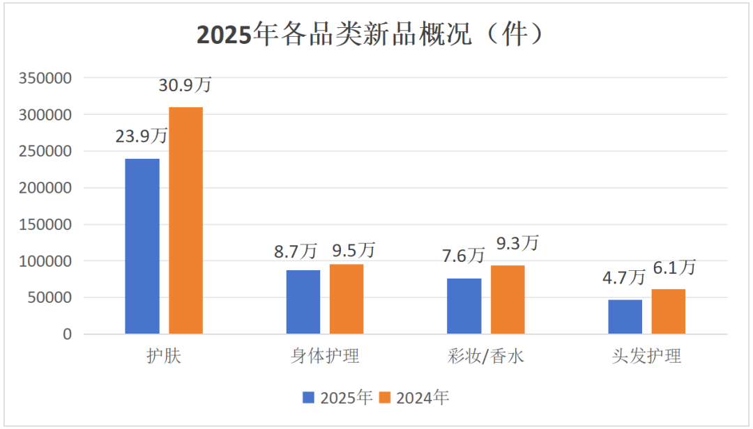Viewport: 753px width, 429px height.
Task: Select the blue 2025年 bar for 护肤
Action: pyautogui.click(x=142, y=247)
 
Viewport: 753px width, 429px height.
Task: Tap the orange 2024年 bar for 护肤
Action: pyautogui.click(x=185, y=221)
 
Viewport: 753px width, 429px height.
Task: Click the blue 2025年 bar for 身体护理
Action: pyautogui.click(x=303, y=302)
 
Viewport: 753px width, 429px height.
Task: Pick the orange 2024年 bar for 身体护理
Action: pyautogui.click(x=347, y=299)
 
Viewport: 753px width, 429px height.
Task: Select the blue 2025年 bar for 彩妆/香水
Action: pyautogui.click(x=464, y=306)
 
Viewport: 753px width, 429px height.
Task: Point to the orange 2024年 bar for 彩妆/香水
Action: pyautogui.click(x=508, y=300)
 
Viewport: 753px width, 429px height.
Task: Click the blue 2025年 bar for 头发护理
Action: pyautogui.click(x=625, y=317)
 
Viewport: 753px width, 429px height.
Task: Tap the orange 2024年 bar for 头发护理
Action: pyautogui.click(x=669, y=312)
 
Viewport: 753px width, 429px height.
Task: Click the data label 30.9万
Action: pyautogui.click(x=185, y=86)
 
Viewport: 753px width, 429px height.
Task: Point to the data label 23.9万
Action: pyautogui.click(x=142, y=136)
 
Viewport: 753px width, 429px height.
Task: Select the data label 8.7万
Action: pyautogui.click(x=303, y=249)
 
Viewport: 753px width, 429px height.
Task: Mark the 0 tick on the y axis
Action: pyautogui.click(x=67, y=334)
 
